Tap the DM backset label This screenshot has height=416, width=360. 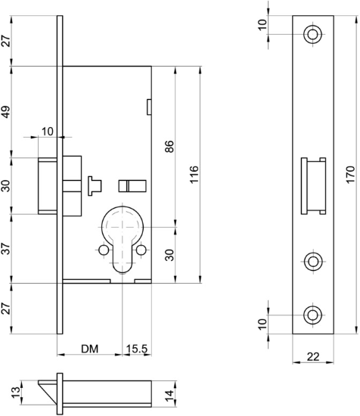click(90, 349)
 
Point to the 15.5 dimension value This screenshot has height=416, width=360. click(136, 349)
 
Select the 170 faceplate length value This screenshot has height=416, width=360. click(349, 174)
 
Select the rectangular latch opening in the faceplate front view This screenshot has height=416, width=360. click(313, 185)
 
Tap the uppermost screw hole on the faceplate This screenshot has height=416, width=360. click(312, 34)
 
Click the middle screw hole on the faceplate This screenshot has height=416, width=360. click(312, 262)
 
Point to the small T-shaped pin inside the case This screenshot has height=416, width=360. click(95, 184)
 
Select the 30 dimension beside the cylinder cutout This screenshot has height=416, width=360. click(169, 255)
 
